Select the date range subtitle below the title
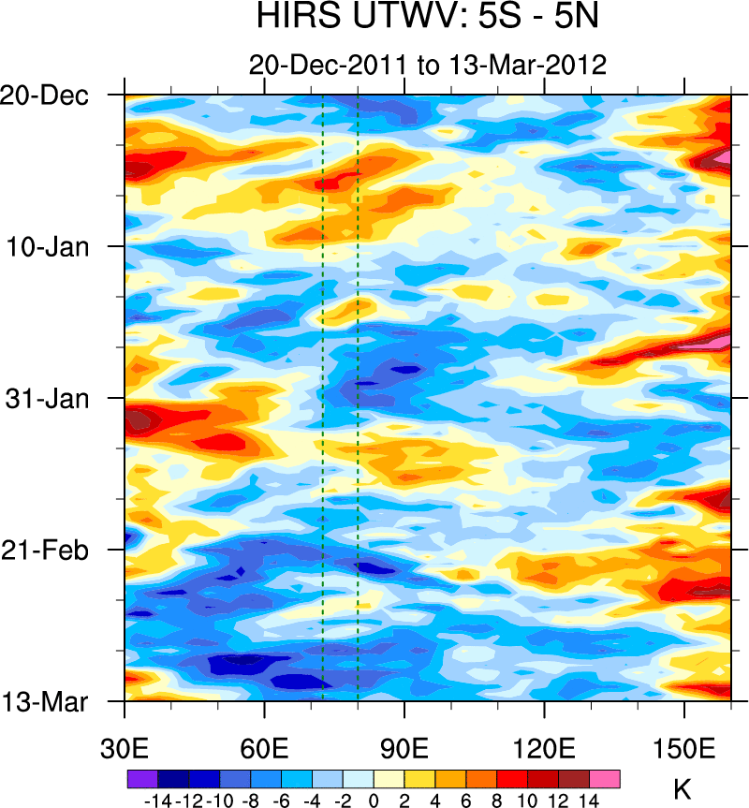coord(428,65)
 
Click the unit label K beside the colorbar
coord(682,789)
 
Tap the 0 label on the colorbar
coord(374,800)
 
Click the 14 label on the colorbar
coord(589,800)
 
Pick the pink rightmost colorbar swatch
coord(604,779)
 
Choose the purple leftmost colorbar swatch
coord(142,779)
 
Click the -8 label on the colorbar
coord(250,800)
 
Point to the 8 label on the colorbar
coord(496,800)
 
